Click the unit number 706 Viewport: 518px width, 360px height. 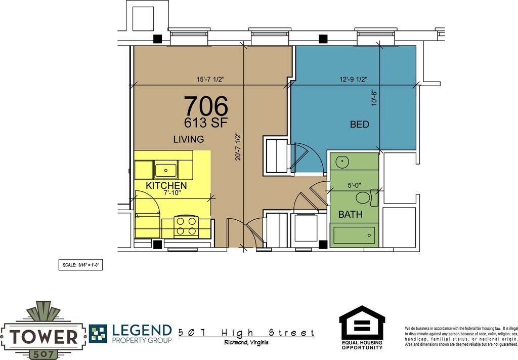pos(206,106)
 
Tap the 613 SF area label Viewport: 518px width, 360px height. pos(206,123)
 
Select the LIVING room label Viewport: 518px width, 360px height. pos(189,139)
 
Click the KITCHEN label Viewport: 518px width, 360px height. pos(166,185)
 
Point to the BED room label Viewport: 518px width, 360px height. pos(360,124)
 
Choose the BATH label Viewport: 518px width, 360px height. pos(350,214)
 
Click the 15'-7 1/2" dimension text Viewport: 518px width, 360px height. pos(210,79)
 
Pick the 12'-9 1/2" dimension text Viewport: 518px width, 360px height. pos(354,79)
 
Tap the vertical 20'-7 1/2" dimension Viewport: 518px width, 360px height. pos(238,147)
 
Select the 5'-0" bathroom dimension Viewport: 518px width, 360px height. pos(354,185)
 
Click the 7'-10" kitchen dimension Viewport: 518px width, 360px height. pos(172,193)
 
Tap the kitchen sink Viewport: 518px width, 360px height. pos(165,170)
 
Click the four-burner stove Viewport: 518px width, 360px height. pos(186,226)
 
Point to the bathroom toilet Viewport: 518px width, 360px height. pos(367,197)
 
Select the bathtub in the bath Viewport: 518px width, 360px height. pos(354,235)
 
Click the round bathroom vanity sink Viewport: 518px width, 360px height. pos(342,162)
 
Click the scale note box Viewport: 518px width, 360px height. pos(80,265)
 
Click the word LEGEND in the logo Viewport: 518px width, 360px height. pos(142,330)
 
